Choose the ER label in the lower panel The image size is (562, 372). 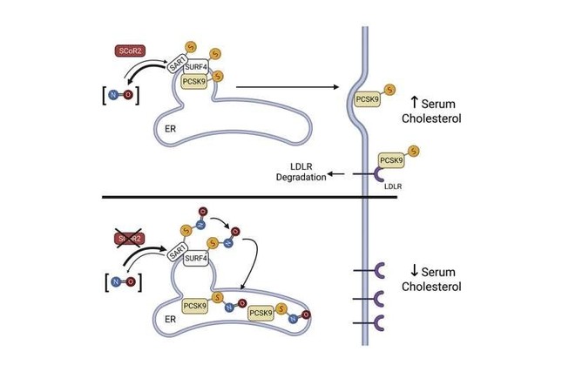(172, 319)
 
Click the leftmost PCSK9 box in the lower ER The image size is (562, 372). (195, 305)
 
